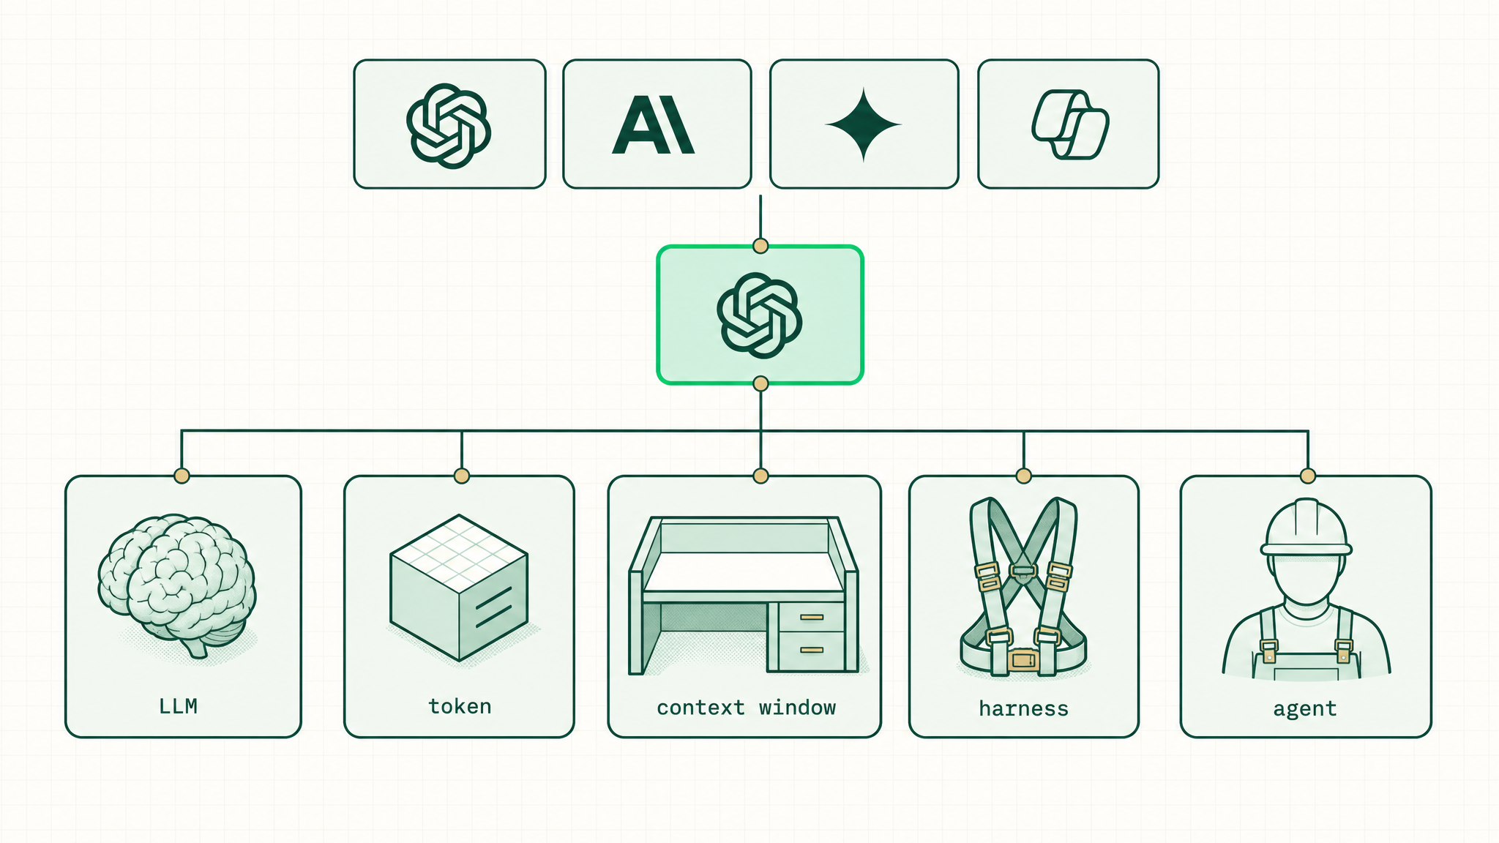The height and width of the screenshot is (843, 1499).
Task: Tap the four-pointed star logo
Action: tap(864, 124)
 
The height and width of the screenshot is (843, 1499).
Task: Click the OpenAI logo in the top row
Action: tap(449, 126)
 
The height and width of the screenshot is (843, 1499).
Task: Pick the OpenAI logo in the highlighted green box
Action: tap(760, 315)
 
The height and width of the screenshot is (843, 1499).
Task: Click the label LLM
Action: tap(178, 706)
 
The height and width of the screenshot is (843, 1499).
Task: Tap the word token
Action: tap(460, 706)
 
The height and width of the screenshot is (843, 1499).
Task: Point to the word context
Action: tap(700, 708)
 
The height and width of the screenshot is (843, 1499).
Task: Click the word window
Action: tap(797, 708)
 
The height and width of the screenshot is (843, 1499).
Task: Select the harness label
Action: tap(1023, 708)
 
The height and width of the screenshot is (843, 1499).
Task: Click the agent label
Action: tap(1305, 709)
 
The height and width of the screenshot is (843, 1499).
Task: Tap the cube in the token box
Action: tap(459, 588)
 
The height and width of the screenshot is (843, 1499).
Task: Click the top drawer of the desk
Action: tap(812, 618)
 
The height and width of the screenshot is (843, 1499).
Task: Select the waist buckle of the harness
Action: tap(1023, 661)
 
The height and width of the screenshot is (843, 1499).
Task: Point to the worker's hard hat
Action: tap(1307, 528)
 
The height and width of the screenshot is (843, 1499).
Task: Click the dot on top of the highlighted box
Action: tap(760, 246)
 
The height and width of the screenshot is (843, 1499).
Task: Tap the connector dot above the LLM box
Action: tap(182, 476)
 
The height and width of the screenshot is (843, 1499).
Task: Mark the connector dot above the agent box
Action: tap(1308, 476)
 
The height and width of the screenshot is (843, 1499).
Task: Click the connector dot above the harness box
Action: tap(1024, 476)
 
